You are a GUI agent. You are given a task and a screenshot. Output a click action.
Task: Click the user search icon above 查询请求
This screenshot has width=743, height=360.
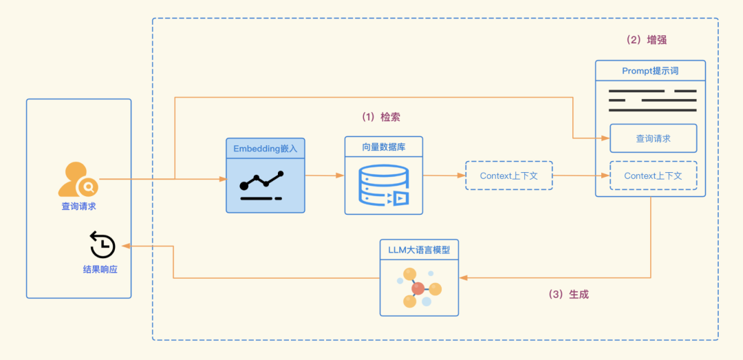click(x=78, y=180)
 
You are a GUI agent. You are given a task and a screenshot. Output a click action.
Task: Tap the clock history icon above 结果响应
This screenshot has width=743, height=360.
click(x=103, y=245)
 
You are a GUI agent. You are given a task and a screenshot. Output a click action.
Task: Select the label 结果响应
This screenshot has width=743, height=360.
click(x=100, y=269)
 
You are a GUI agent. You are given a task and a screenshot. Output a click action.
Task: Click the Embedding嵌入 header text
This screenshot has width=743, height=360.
click(x=266, y=148)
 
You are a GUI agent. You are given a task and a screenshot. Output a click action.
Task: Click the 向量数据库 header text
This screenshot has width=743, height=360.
click(x=384, y=147)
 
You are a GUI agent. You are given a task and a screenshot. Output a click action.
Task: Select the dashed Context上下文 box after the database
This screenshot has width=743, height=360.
click(x=509, y=176)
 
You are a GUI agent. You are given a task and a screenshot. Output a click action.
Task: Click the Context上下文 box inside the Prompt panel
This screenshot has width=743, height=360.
click(x=653, y=176)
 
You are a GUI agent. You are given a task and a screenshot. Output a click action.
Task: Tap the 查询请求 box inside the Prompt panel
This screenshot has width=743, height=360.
click(x=653, y=138)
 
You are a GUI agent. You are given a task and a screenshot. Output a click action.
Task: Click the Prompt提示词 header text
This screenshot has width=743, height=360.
click(x=650, y=71)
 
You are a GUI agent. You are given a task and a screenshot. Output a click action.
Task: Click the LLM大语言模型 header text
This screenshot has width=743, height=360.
click(x=419, y=249)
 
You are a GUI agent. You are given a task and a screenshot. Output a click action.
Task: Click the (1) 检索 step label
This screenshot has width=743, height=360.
click(x=380, y=117)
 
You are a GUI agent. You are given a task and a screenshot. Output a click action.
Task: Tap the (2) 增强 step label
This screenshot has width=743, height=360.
click(x=646, y=40)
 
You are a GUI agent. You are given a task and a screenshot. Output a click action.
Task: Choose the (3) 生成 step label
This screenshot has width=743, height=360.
click(x=568, y=294)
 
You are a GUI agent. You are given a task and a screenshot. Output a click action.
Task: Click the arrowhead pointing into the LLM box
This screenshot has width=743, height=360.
click(x=464, y=278)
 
